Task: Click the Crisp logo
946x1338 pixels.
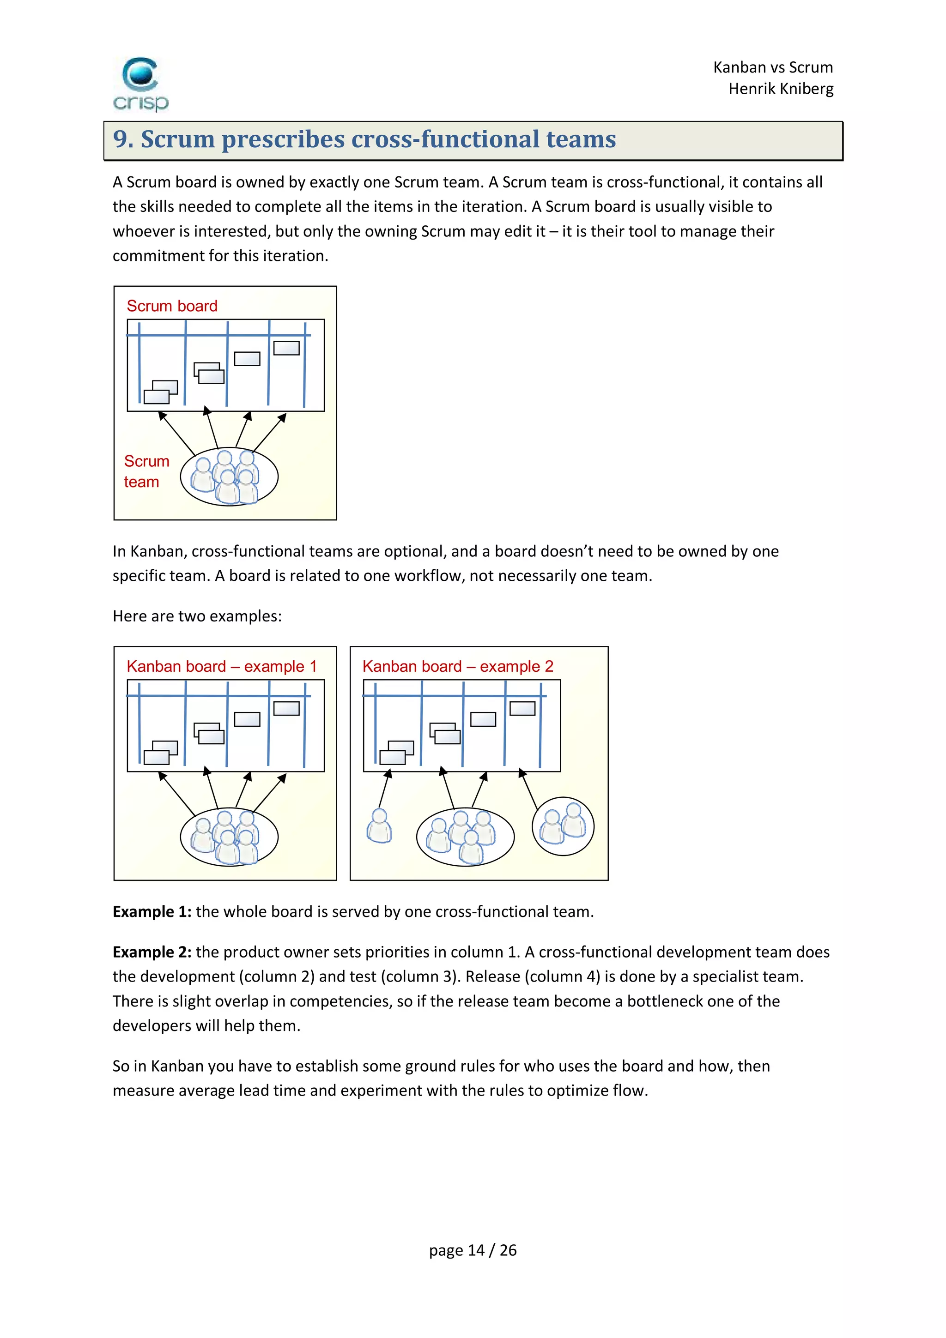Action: point(140,84)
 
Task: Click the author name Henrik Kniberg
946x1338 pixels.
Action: point(781,89)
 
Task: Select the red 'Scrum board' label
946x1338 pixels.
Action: point(172,306)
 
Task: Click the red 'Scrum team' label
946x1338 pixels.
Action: point(146,471)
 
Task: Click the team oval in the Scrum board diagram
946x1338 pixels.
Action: point(229,476)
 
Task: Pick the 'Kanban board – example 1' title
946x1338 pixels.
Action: point(222,666)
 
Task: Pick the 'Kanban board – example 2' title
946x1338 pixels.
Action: point(458,666)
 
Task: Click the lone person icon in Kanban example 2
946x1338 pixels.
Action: point(379,826)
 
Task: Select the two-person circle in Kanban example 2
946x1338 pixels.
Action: point(563,826)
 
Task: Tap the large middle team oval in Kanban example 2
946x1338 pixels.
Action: point(465,837)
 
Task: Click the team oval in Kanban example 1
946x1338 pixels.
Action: point(229,837)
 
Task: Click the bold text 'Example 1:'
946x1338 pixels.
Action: point(152,911)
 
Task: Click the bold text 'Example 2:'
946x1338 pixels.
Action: point(152,952)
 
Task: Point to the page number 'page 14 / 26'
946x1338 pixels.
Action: point(473,1250)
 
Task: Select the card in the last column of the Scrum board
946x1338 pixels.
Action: point(286,348)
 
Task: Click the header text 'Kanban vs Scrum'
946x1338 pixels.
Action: point(773,67)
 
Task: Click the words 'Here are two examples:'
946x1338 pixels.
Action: point(197,616)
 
